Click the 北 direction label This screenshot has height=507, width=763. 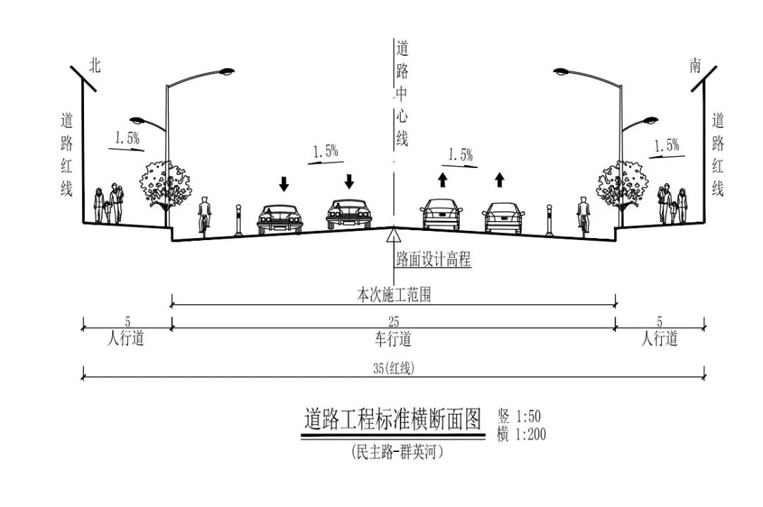pyautogui.click(x=95, y=66)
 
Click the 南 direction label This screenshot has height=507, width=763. pyautogui.click(x=695, y=66)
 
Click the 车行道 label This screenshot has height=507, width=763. pyautogui.click(x=393, y=340)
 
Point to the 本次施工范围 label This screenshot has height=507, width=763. pyautogui.click(x=394, y=296)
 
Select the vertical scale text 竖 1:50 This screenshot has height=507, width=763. pyautogui.click(x=519, y=416)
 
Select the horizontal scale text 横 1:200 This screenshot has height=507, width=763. pyautogui.click(x=521, y=434)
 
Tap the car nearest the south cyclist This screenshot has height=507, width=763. pyautogui.click(x=504, y=217)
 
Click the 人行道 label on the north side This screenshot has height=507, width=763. pyautogui.click(x=126, y=340)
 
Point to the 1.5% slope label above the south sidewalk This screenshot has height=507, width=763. pyautogui.click(x=666, y=146)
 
